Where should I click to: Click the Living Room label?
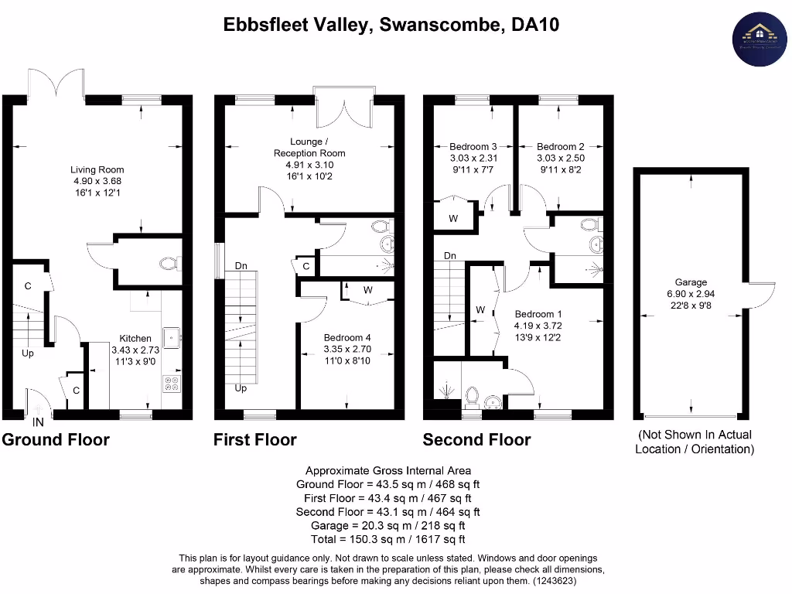tap(97, 170)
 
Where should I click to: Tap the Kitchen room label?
tap(135, 338)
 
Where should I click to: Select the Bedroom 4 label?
tap(347, 338)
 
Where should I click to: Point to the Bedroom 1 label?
tap(539, 314)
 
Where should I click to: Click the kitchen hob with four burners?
tap(172, 383)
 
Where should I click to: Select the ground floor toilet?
tap(169, 264)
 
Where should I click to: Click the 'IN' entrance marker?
tap(38, 422)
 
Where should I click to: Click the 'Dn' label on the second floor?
tap(450, 256)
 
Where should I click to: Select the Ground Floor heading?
tap(56, 440)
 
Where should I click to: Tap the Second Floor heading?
tap(476, 440)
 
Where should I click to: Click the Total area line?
tap(387, 540)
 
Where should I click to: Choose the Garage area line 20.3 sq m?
tap(387, 526)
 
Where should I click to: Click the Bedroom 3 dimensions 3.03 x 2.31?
tap(473, 159)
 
